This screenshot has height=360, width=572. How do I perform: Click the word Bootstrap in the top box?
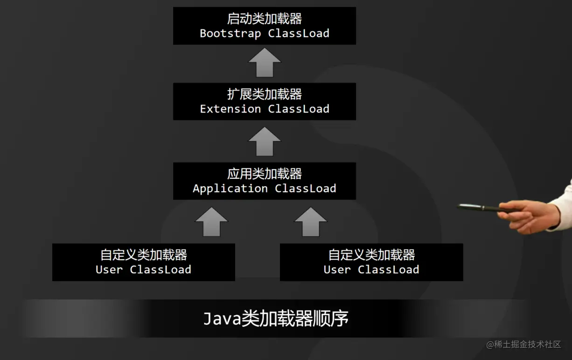point(230,34)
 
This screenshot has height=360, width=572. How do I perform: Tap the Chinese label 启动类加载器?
point(265,19)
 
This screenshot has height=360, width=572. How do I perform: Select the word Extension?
point(230,109)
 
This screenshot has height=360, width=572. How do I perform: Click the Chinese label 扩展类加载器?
point(265,94)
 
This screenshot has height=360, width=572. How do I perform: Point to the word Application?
point(230,189)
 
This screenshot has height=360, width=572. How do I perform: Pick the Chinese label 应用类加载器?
point(265,174)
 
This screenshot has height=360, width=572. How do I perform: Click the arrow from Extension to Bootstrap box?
point(265,63)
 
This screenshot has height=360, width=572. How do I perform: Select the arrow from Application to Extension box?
point(265,142)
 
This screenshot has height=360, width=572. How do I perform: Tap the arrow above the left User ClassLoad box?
point(211,222)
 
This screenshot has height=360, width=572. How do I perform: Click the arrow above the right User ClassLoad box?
point(311,222)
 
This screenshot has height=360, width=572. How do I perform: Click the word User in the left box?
point(109,270)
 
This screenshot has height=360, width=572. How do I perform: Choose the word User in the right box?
point(337,270)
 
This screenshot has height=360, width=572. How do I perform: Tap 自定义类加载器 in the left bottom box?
point(144,255)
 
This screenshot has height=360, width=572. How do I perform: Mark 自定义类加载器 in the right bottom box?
point(371,255)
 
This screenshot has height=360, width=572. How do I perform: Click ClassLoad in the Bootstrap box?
point(299,34)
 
